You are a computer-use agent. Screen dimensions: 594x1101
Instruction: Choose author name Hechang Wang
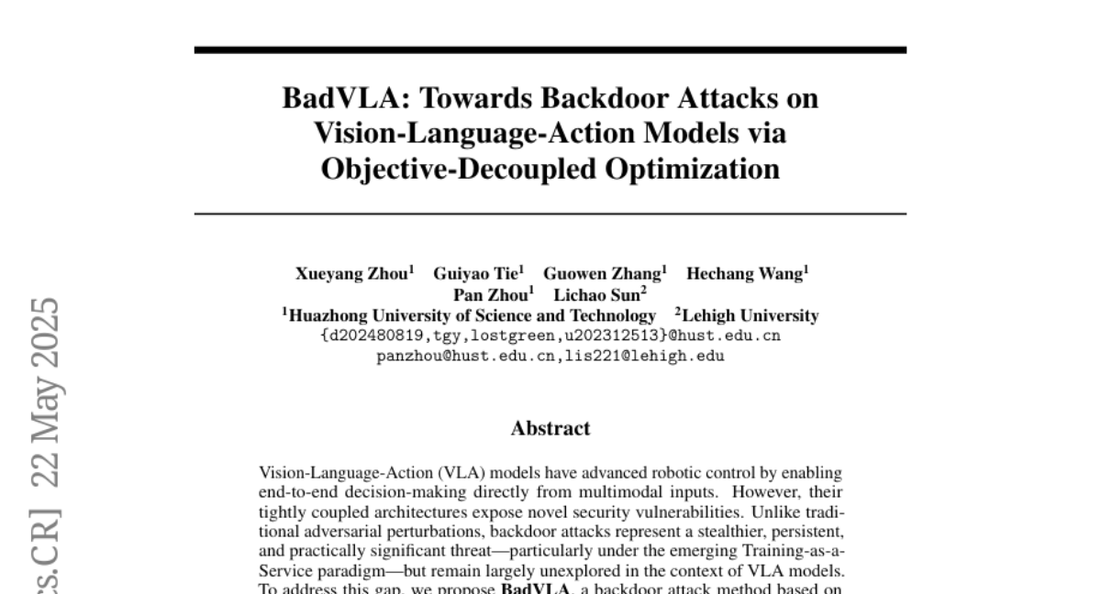point(746,273)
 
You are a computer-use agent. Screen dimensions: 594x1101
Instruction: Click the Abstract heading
point(550,428)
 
